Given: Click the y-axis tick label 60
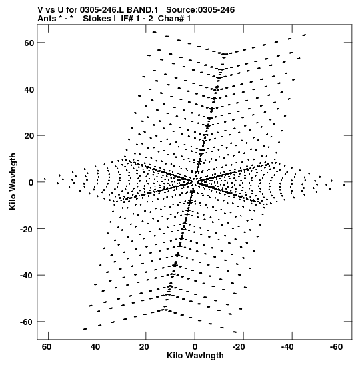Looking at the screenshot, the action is (29, 43).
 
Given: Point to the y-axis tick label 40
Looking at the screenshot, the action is (29, 89).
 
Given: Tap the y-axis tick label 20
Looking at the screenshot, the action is (29, 136).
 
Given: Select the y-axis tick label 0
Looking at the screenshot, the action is (31, 183).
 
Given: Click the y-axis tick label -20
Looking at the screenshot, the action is (27, 229).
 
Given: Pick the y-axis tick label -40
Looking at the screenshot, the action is (27, 276).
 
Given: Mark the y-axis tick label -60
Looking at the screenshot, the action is (27, 322).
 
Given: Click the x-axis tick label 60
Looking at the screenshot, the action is (47, 347).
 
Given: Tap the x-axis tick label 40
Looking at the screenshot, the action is (95, 347).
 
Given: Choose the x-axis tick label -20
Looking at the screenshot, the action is (239, 347).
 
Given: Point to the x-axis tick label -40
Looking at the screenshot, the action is (287, 347).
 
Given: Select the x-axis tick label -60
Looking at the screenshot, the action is (336, 347).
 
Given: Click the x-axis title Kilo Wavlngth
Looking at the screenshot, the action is (195, 356).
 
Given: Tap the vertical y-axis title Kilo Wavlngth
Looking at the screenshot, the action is (13, 181).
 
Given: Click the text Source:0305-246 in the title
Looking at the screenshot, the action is (200, 10).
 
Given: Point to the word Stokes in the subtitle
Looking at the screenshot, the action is (97, 19).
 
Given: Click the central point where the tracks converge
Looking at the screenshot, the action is (195, 181).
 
